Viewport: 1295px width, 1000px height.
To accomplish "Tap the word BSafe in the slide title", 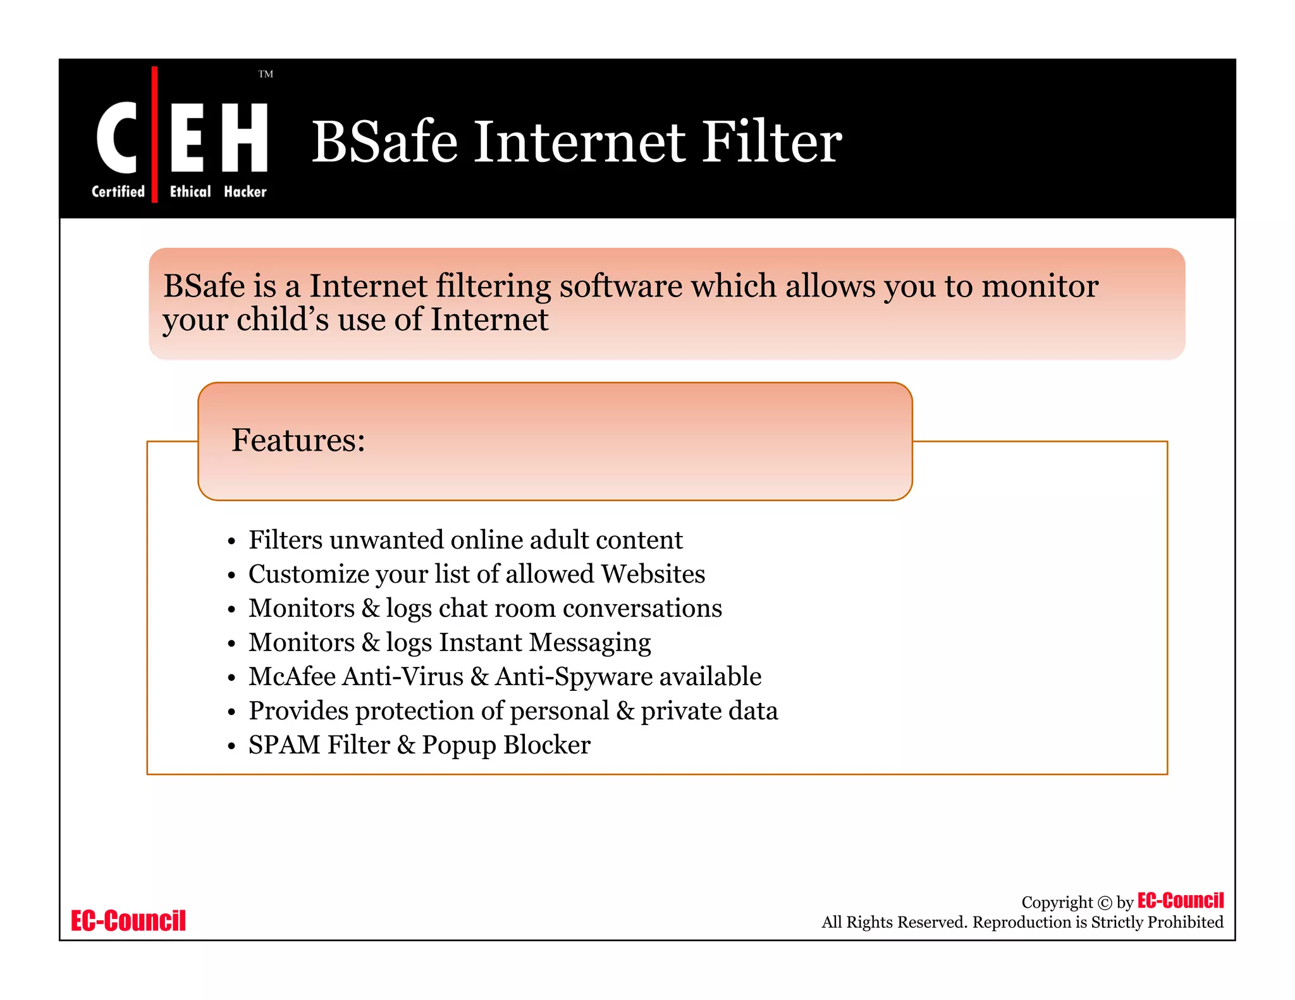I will (384, 142).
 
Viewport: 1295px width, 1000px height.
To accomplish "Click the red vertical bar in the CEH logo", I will (154, 134).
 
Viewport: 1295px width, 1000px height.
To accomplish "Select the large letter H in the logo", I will (244, 137).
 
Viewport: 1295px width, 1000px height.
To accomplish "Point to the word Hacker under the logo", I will (245, 192).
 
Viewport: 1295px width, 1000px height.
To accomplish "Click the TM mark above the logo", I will (266, 74).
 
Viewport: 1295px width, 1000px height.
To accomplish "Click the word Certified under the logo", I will (118, 192).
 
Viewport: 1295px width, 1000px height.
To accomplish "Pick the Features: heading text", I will (298, 440).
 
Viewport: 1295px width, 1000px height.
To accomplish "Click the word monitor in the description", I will (1040, 286).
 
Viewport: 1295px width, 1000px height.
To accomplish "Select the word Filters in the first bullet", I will (285, 540).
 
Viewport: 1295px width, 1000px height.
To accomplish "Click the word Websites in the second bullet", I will (653, 574).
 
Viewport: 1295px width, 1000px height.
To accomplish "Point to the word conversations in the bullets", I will (642, 608).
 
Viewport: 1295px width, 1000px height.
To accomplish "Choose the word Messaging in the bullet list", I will (589, 643).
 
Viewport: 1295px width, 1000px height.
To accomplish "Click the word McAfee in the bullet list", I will (292, 676).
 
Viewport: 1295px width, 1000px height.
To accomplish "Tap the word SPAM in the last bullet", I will (284, 745).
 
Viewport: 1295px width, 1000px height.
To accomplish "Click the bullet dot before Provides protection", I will (232, 712).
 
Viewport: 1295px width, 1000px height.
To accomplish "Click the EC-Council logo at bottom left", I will (128, 921).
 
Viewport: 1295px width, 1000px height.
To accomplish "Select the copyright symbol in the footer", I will (1104, 903).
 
